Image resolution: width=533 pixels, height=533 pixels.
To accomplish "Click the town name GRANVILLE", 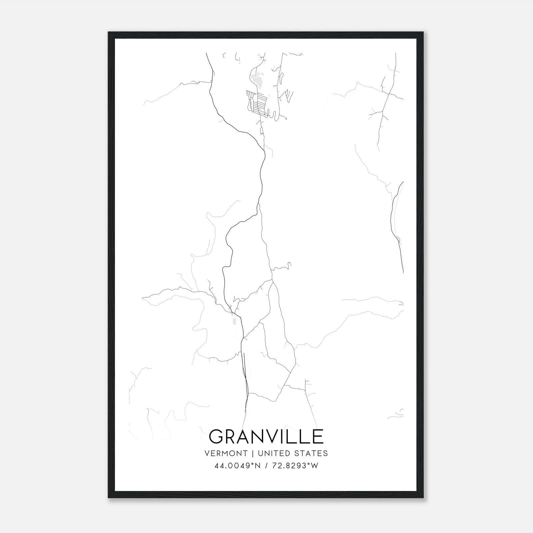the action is click(x=266, y=436).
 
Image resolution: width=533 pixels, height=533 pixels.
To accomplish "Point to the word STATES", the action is click(x=313, y=453).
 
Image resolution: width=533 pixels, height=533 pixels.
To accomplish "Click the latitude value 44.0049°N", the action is click(x=237, y=466).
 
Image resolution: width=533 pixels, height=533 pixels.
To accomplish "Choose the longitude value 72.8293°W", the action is click(x=295, y=466).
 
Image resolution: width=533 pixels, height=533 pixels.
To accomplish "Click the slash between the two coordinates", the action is click(x=266, y=466).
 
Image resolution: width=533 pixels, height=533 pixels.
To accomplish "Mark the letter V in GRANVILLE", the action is click(x=268, y=436).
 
